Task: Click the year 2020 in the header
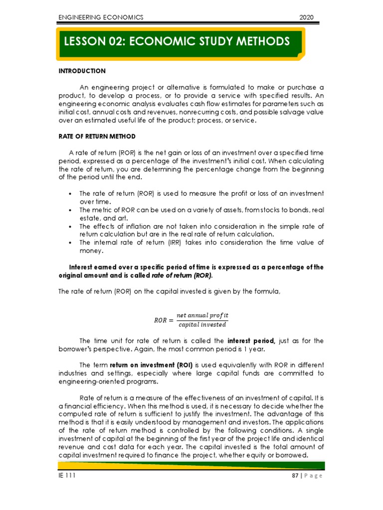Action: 306,17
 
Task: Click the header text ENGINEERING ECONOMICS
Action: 101,17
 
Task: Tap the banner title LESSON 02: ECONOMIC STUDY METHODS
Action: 177,41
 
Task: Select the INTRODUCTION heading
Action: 82,71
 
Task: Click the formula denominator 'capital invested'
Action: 202,325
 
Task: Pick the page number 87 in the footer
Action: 296,476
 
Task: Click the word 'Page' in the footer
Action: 314,476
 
